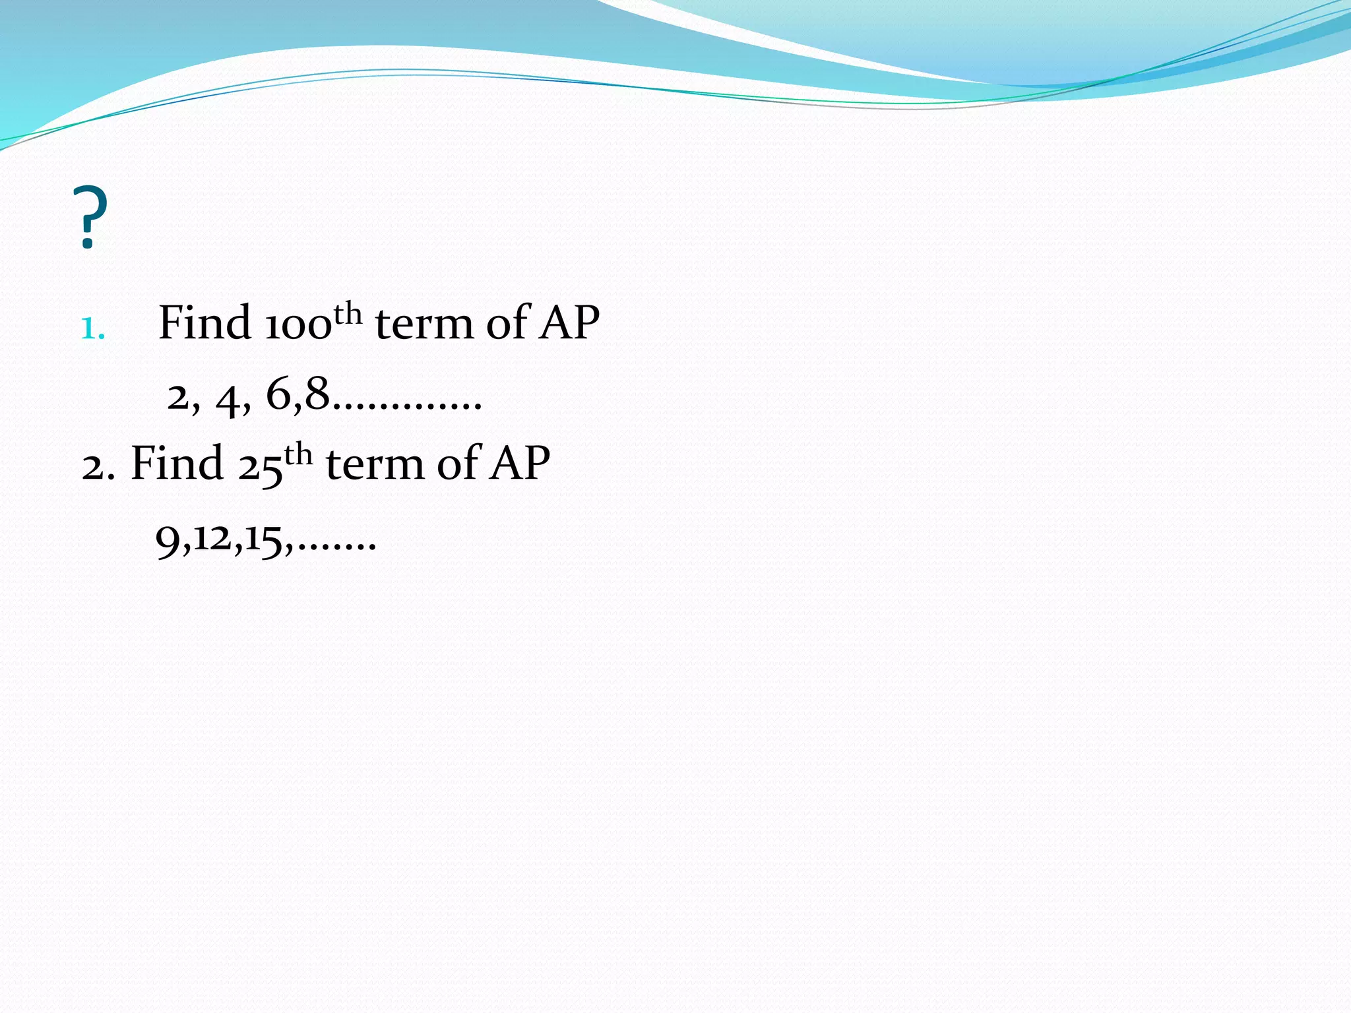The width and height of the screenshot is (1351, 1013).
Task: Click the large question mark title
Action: pos(92,219)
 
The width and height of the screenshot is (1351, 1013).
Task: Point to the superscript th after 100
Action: pos(348,314)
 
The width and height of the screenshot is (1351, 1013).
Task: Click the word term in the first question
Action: pos(424,324)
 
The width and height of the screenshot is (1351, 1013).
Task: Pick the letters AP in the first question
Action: pos(569,322)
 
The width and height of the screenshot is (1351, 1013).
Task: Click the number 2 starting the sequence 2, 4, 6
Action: pos(177,398)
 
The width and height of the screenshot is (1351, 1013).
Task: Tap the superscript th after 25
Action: pos(298,454)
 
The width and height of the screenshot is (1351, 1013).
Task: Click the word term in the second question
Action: pos(374,464)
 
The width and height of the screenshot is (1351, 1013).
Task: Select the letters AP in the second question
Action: pos(519,463)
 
